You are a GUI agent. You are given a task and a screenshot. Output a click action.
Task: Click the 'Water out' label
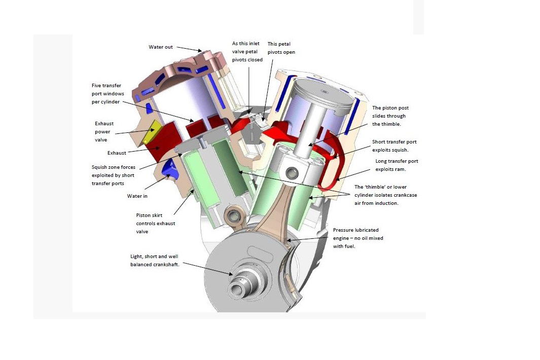tap(160, 47)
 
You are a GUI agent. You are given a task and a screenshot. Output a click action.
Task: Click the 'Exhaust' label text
tap(117, 153)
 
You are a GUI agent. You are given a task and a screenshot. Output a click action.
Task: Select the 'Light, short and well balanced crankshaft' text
tap(155, 261)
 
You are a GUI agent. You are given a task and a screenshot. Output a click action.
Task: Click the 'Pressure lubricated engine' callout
tap(355, 238)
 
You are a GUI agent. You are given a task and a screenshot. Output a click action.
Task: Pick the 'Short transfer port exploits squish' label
tap(394, 146)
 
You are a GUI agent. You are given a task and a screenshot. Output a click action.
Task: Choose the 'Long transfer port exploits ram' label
tap(397, 165)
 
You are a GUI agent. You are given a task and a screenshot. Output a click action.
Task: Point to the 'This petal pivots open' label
tap(281, 48)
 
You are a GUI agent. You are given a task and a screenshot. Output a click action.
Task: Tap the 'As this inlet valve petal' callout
tap(247, 52)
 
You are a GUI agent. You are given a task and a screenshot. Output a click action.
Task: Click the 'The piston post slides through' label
tap(390, 116)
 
